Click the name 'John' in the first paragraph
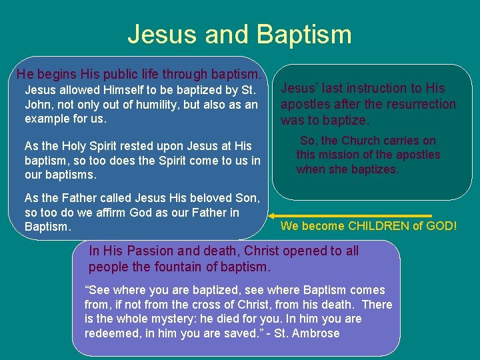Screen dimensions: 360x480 pyautogui.click(x=37, y=105)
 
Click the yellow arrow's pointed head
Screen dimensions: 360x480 pyautogui.click(x=271, y=215)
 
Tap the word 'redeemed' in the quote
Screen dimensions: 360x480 pyautogui.click(x=110, y=333)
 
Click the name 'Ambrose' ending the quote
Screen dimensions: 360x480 pyautogui.click(x=317, y=333)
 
